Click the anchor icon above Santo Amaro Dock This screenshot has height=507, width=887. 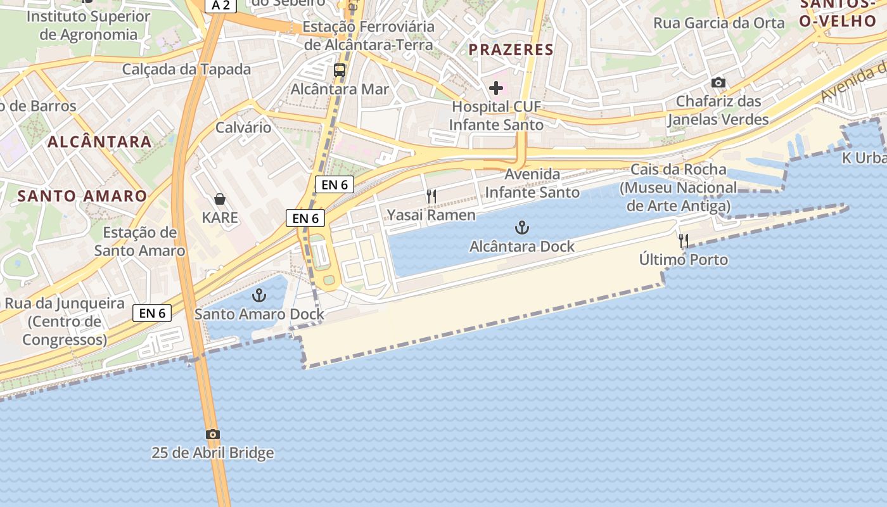pos(258,295)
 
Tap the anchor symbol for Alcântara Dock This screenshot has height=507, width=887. pos(521,227)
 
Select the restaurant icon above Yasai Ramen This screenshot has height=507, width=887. pos(431,196)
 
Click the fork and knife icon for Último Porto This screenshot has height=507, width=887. pos(684,241)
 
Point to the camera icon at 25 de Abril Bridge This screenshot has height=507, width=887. pos(213,434)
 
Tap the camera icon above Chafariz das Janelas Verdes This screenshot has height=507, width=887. pos(718,82)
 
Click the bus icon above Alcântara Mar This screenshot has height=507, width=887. pos(340,70)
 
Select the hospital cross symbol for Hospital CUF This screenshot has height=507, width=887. pos(496,87)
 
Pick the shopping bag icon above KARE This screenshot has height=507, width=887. pos(220,199)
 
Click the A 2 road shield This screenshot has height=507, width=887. pos(220,6)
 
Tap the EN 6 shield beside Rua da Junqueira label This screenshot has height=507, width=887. pos(153,312)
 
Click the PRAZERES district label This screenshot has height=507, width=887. pos(511,49)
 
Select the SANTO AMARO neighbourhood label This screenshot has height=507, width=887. pos(82,196)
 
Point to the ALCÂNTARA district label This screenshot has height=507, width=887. pos(99,141)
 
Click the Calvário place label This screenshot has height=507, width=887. pos(243,127)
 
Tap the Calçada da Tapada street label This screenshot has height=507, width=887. pos(186,69)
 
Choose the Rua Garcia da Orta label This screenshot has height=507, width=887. pos(719,23)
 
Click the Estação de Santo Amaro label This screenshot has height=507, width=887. pos(140,241)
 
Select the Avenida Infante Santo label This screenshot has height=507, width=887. pos(532,183)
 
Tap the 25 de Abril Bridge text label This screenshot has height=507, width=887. pos(213,453)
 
